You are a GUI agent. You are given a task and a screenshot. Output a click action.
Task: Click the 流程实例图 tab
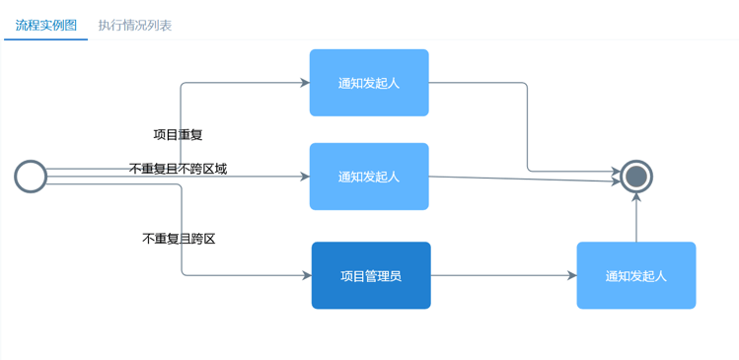click(x=46, y=25)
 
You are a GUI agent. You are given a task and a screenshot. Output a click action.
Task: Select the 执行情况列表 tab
click(x=135, y=25)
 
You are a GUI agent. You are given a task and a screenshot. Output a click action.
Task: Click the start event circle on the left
click(x=31, y=177)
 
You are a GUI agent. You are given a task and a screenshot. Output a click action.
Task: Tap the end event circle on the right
click(x=636, y=177)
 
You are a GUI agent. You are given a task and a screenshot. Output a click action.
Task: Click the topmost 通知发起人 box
click(x=369, y=83)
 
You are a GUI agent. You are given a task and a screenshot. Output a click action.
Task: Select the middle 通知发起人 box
click(x=369, y=177)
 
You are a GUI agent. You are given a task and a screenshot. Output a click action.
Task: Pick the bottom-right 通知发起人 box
click(x=636, y=275)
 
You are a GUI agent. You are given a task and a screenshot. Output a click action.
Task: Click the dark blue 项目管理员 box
click(x=371, y=275)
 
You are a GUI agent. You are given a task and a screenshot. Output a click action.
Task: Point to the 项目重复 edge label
click(x=178, y=134)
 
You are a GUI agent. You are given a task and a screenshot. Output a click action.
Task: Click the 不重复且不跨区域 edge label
click(x=178, y=169)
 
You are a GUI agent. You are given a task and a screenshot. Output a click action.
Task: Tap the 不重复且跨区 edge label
click(x=179, y=239)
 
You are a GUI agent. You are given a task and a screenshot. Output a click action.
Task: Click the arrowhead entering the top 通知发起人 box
click(x=305, y=83)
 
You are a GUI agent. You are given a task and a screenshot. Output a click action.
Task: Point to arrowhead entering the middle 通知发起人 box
click(x=305, y=177)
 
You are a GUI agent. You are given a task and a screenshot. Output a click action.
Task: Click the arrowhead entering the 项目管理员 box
click(x=307, y=275)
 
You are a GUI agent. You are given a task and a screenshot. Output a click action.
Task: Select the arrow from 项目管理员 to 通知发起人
click(x=503, y=275)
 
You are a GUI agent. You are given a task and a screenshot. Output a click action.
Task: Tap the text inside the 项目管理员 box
click(x=371, y=276)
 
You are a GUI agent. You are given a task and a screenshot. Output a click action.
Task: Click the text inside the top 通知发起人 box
click(x=369, y=84)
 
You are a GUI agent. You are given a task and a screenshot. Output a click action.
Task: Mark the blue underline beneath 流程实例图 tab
click(x=46, y=39)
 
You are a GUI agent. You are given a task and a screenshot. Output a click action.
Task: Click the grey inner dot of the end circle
click(x=636, y=177)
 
